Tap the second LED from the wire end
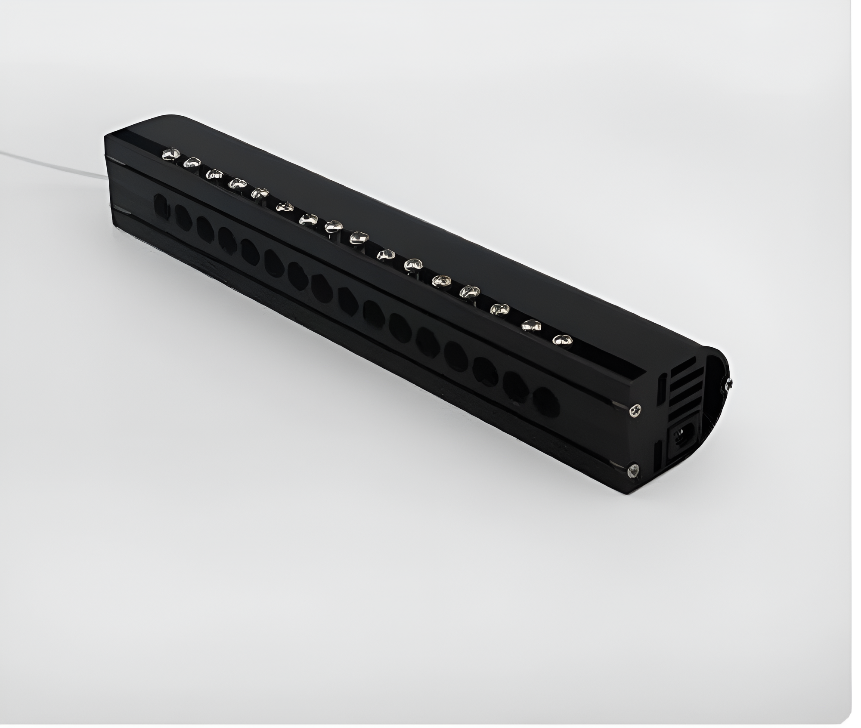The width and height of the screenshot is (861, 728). (192, 162)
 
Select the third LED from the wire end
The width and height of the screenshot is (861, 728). (214, 174)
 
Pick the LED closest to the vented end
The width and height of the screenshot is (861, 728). (562, 340)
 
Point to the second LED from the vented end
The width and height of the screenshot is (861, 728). (531, 325)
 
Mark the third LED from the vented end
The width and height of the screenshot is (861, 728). (500, 308)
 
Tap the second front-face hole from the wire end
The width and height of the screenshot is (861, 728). (182, 214)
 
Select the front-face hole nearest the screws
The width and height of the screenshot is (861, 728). (546, 401)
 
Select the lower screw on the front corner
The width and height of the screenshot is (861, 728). (633, 471)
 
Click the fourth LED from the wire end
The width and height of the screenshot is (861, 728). (236, 184)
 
